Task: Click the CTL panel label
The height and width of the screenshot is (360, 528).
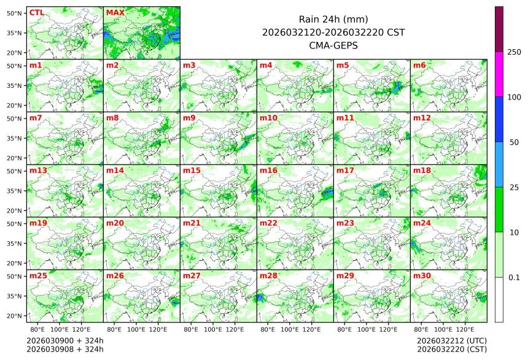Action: click(x=36, y=12)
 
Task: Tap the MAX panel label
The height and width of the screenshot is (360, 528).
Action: click(x=114, y=12)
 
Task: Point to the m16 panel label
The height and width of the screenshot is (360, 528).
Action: click(x=267, y=170)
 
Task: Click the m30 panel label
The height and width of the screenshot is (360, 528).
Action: click(x=421, y=276)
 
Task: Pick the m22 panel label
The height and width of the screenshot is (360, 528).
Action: click(x=267, y=223)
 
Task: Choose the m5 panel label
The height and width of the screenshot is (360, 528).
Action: click(x=342, y=65)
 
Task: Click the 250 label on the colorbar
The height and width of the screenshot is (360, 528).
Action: click(x=514, y=52)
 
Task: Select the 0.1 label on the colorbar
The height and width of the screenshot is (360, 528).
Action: click(x=514, y=277)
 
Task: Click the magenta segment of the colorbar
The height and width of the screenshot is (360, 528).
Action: click(x=499, y=74)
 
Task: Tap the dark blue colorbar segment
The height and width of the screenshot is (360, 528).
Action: click(x=499, y=119)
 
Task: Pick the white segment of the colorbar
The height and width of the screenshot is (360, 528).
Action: click(x=499, y=299)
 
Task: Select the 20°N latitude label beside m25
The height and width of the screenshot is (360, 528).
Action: click(x=15, y=316)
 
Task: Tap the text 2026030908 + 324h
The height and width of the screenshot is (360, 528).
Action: click(x=65, y=350)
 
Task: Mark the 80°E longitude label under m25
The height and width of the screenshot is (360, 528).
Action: click(x=45, y=329)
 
